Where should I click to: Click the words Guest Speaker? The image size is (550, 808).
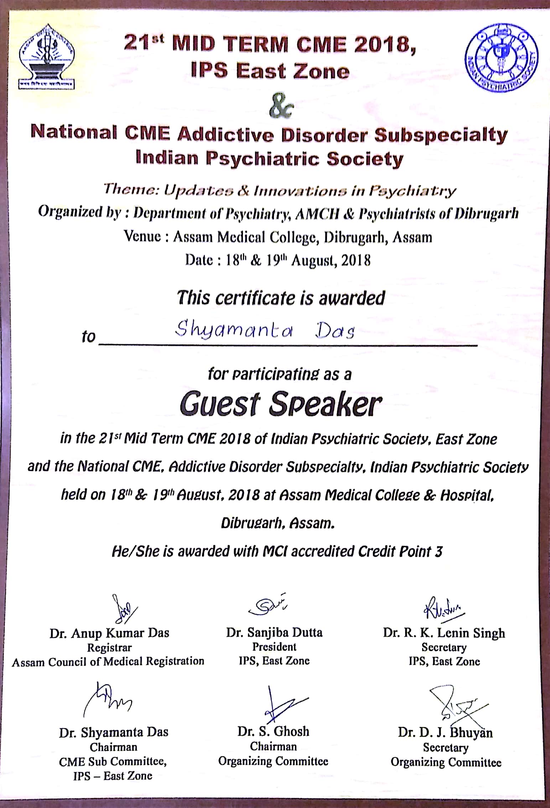tap(281, 405)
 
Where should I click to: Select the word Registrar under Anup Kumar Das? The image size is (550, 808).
tap(109, 647)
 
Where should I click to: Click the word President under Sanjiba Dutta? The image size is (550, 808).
tap(274, 647)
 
